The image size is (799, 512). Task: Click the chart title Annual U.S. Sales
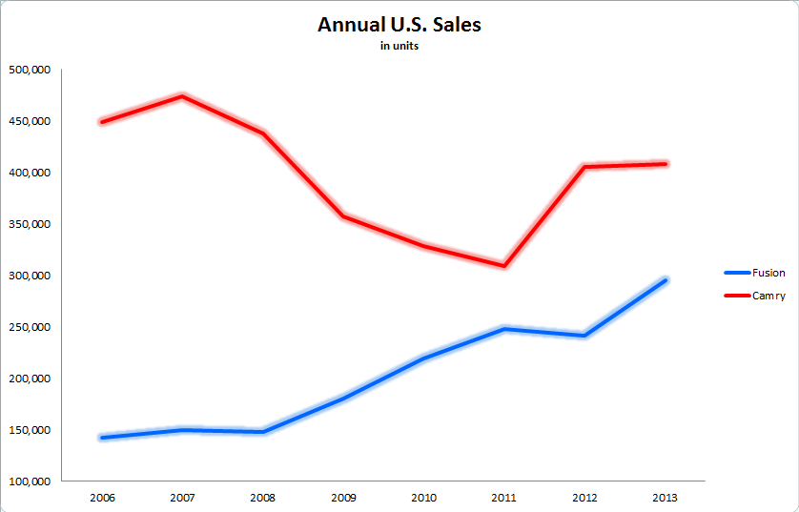[x=399, y=25]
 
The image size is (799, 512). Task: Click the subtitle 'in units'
[x=399, y=47]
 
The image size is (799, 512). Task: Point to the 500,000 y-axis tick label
[x=31, y=70]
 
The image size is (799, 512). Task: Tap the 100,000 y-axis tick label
[x=31, y=481]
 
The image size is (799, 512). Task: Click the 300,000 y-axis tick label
[x=31, y=276]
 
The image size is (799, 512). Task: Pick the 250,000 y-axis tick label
[x=31, y=327]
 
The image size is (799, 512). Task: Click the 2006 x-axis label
[x=101, y=498]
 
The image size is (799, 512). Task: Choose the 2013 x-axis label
[x=666, y=498]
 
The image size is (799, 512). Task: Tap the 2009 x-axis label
[x=343, y=498]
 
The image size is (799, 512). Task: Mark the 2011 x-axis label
[x=504, y=498]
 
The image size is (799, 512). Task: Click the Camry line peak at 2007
[x=182, y=96]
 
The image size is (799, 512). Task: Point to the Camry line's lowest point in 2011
[x=504, y=266]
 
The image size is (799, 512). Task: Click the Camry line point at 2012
[x=584, y=167]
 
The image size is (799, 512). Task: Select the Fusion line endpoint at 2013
[x=666, y=280]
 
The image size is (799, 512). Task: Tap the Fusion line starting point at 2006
[x=101, y=438]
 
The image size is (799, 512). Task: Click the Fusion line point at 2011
[x=504, y=329]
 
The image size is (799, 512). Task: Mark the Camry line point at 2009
[x=343, y=216]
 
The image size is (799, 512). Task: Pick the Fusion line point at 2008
[x=262, y=432]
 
